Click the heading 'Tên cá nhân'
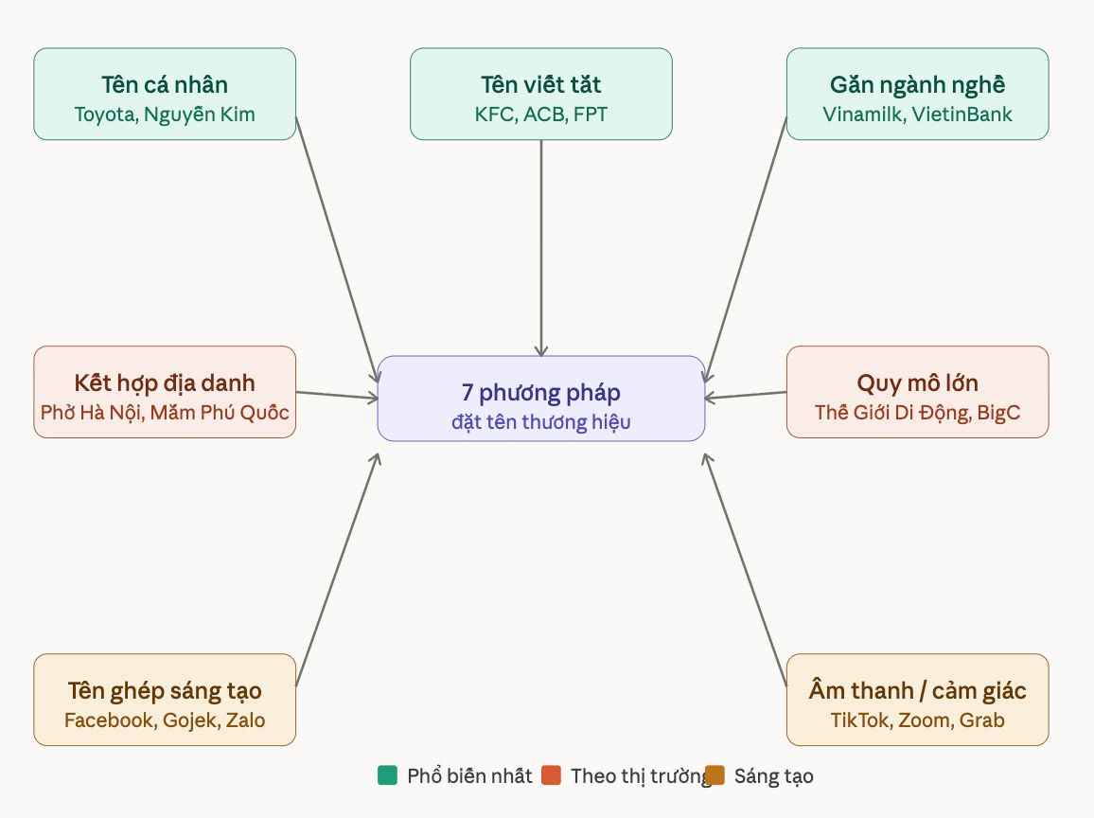click(x=165, y=84)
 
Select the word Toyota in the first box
click(x=105, y=115)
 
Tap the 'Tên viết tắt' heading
click(x=540, y=84)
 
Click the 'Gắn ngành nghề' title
click(x=917, y=84)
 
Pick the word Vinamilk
click(x=861, y=115)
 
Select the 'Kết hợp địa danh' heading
click(x=165, y=382)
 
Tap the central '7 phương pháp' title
click(x=540, y=392)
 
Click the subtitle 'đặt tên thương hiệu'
click(x=540, y=422)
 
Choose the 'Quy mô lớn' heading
click(x=917, y=382)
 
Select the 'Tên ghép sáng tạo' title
click(x=165, y=690)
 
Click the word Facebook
click(x=108, y=720)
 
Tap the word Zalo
click(x=244, y=720)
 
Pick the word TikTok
click(x=859, y=720)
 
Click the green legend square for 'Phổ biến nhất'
click(x=387, y=776)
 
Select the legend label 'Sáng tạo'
click(x=773, y=776)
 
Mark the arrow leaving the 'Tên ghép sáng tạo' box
click(x=338, y=569)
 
